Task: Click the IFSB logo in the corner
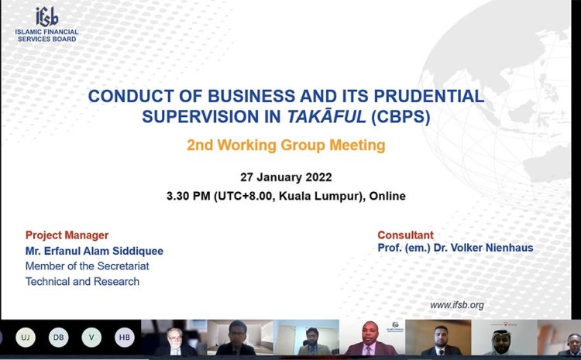[x=46, y=25]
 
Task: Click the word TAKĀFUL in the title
[x=326, y=117]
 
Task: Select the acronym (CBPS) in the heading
[x=401, y=117]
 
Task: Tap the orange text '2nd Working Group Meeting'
[x=286, y=146]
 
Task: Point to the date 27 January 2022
[x=286, y=177]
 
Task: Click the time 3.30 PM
[x=188, y=196]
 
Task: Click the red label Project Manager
[x=67, y=235]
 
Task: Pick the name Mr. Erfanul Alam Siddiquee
[x=94, y=251]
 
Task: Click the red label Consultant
[x=405, y=235]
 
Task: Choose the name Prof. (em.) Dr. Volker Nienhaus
[x=456, y=248]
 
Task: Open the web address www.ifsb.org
[x=457, y=305]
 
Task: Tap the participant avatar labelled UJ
[x=26, y=338]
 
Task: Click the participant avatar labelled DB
[x=59, y=338]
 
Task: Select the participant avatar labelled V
[x=91, y=338]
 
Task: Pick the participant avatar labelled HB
[x=125, y=338]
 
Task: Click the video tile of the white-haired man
[x=174, y=338]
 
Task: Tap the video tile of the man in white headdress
[x=504, y=338]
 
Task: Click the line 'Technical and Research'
[x=82, y=282]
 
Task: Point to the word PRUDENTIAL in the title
[x=428, y=96]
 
